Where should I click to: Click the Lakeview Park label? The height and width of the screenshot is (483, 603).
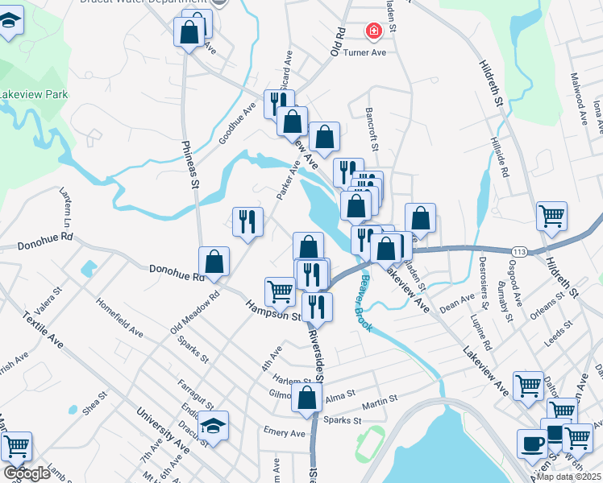click(34, 94)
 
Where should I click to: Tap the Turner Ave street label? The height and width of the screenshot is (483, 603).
click(365, 52)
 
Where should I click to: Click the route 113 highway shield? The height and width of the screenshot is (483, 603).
click(519, 252)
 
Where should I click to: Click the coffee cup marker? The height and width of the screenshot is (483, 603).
click(532, 444)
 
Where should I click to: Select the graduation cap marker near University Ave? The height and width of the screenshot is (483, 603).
click(214, 423)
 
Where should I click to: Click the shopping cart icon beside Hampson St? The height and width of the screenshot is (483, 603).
click(280, 290)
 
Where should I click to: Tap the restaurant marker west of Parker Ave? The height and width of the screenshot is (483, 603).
click(247, 221)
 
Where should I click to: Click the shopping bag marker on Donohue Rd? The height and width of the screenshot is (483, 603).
click(214, 261)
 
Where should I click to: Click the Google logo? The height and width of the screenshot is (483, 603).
click(27, 473)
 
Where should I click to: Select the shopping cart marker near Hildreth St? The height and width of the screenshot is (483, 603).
click(552, 215)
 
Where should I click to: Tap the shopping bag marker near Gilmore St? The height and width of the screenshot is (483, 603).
click(307, 398)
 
